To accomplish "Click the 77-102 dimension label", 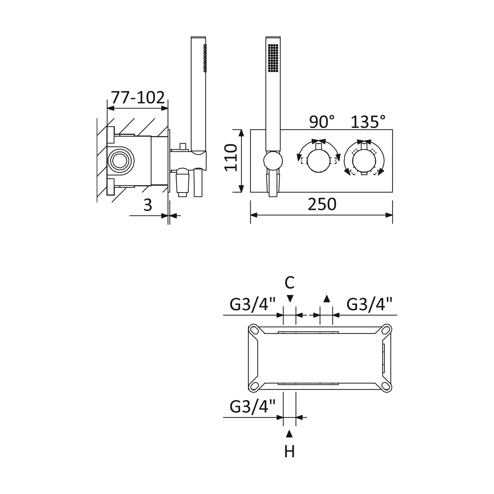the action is coord(138,97).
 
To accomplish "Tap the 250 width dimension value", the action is coord(322,204).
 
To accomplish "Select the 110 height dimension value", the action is coord(231,157).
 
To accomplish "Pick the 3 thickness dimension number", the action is coord(148,205).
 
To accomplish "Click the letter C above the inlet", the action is coord(290,283).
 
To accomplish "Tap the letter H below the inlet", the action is coord(290,451).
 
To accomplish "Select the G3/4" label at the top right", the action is coord(369,305).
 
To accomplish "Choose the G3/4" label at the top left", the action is coord(252,305).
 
